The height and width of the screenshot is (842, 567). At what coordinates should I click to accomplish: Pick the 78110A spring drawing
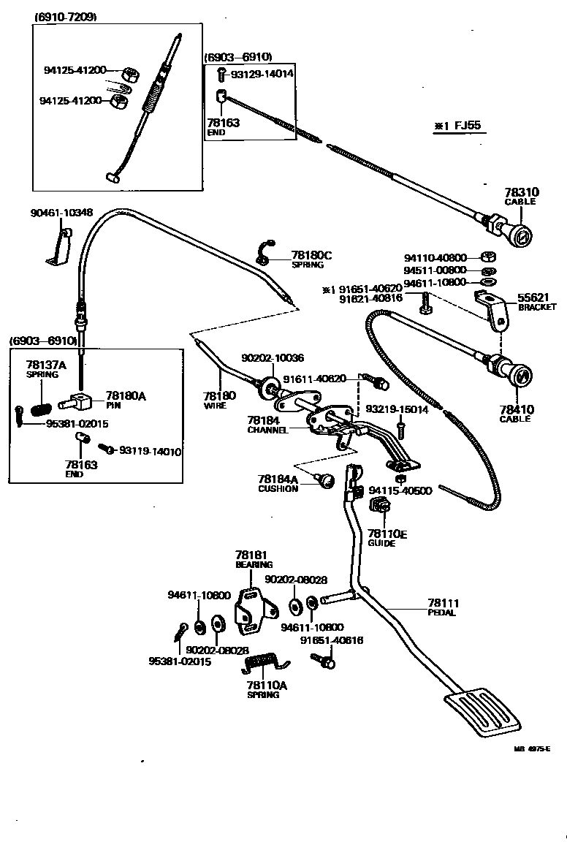[263, 663]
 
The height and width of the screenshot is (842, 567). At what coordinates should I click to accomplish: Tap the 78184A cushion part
[324, 479]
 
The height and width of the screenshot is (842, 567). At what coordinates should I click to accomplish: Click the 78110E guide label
[387, 535]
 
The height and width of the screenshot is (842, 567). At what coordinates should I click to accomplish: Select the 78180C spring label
[311, 255]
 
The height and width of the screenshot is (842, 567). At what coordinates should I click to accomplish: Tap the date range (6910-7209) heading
[66, 16]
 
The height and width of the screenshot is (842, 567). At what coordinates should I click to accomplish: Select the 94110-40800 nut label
[435, 257]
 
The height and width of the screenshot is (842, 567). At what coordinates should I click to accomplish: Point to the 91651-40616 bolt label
[332, 640]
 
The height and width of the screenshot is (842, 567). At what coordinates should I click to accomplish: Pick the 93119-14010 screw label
[151, 451]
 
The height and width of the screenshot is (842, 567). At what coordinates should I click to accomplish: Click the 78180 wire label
[219, 395]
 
